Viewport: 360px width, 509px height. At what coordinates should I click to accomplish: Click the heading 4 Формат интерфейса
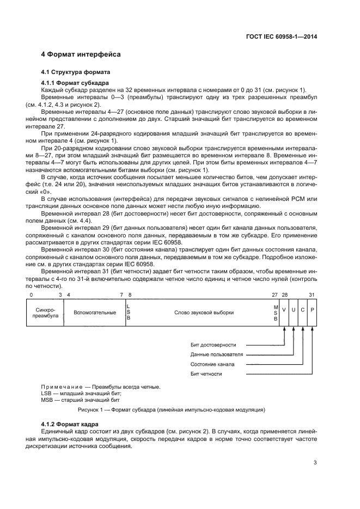pyautogui.click(x=81, y=54)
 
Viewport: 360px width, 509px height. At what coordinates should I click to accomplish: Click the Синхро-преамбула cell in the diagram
pyautogui.click(x=45, y=312)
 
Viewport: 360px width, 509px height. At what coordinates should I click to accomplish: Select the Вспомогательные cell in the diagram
pyautogui.click(x=95, y=312)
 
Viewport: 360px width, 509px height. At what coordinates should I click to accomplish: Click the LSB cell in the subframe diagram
pyautogui.click(x=129, y=312)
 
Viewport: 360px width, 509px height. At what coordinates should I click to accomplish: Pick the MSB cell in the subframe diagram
pyautogui.click(x=276, y=312)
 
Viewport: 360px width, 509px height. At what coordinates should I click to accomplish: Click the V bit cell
pyautogui.click(x=284, y=309)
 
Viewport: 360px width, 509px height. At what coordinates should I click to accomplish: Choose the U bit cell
pyautogui.click(x=294, y=309)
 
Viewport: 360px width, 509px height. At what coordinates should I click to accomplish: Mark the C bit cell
pyautogui.click(x=303, y=309)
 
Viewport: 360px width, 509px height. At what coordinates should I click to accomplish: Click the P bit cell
pyautogui.click(x=312, y=309)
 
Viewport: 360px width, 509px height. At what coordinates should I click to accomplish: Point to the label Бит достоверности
pyautogui.click(x=213, y=345)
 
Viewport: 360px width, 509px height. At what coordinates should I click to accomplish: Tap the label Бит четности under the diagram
pyautogui.click(x=206, y=374)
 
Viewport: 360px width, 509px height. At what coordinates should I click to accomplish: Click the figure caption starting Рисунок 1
pyautogui.click(x=172, y=409)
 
